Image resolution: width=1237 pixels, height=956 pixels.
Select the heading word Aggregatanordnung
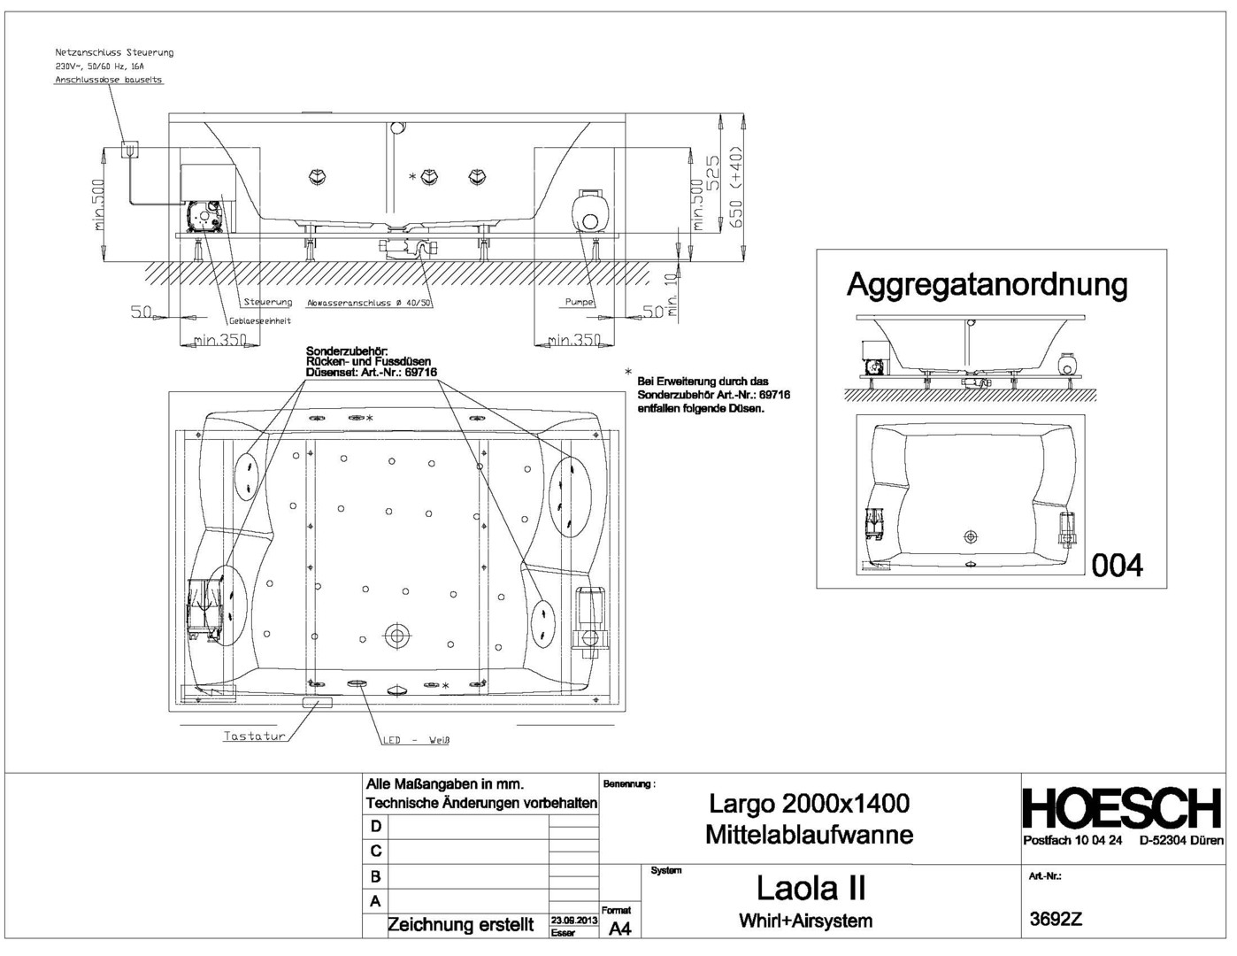tap(987, 285)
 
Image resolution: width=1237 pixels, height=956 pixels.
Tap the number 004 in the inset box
tap(1118, 565)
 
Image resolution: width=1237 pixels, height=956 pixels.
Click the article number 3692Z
tap(1056, 919)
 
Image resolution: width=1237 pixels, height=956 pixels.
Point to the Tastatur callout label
tap(255, 736)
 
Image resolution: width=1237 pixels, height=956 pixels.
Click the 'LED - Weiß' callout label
tap(417, 740)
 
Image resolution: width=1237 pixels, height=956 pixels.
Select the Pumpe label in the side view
tap(580, 302)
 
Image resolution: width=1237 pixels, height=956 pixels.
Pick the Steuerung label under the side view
tap(267, 302)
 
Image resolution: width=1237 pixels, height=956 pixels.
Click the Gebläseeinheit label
tap(260, 320)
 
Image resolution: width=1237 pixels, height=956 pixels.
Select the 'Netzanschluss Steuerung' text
tap(114, 52)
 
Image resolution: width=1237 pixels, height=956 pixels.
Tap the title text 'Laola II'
tap(811, 886)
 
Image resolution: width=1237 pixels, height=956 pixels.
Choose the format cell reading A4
tap(620, 928)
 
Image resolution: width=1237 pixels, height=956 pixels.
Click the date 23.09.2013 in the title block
tap(574, 921)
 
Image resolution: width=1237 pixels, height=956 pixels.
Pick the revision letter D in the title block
tap(376, 826)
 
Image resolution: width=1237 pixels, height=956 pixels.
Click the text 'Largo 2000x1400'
tap(809, 804)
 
